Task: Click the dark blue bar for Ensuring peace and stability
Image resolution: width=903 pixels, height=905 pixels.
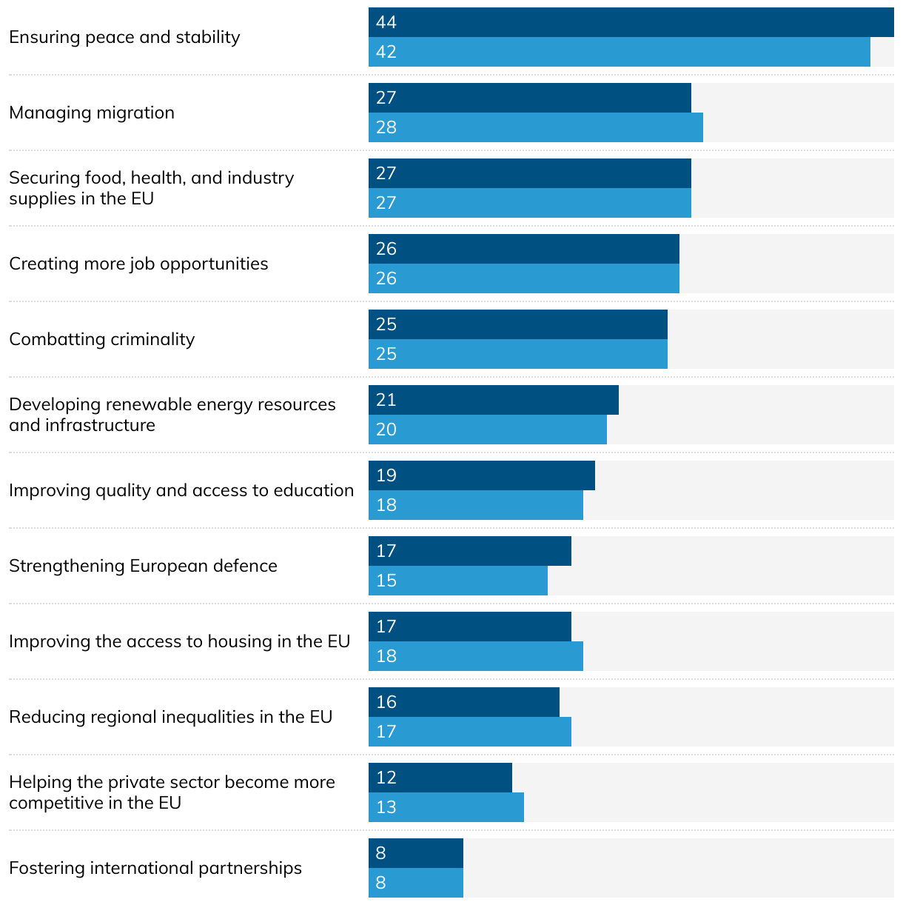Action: pyautogui.click(x=631, y=22)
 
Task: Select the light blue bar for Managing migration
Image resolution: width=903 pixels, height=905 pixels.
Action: pyautogui.click(x=536, y=127)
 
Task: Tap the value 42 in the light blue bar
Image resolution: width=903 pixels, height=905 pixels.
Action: pyautogui.click(x=386, y=52)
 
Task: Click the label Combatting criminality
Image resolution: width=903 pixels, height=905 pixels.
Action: pyautogui.click(x=102, y=339)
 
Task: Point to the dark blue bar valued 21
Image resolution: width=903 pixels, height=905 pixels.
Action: pyautogui.click(x=494, y=400)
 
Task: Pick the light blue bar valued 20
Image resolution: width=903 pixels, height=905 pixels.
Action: pyautogui.click(x=488, y=430)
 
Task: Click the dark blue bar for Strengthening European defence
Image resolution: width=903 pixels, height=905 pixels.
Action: pyautogui.click(x=470, y=551)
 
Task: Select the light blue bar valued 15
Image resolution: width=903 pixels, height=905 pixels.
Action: pyautogui.click(x=458, y=581)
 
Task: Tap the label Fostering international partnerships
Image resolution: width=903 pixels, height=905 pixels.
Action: pyautogui.click(x=155, y=868)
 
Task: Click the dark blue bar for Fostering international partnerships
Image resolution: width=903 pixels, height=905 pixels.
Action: pyautogui.click(x=416, y=853)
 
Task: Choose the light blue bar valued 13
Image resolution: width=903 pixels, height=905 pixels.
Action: pyautogui.click(x=446, y=807)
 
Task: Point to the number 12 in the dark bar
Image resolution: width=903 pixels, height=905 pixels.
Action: pyautogui.click(x=386, y=778)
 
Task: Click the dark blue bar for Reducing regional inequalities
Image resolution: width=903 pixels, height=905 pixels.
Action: pyautogui.click(x=464, y=702)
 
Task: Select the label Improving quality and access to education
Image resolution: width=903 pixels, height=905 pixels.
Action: pyautogui.click(x=181, y=490)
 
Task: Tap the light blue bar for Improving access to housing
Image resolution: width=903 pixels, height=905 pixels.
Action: pyautogui.click(x=476, y=656)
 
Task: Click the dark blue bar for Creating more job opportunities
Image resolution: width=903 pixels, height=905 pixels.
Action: pyautogui.click(x=524, y=249)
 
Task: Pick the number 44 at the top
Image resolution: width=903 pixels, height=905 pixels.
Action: pyautogui.click(x=386, y=22)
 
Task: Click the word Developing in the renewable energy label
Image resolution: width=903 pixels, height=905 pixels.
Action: pyautogui.click(x=55, y=405)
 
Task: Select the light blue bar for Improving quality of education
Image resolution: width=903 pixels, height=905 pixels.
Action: pyautogui.click(x=476, y=505)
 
